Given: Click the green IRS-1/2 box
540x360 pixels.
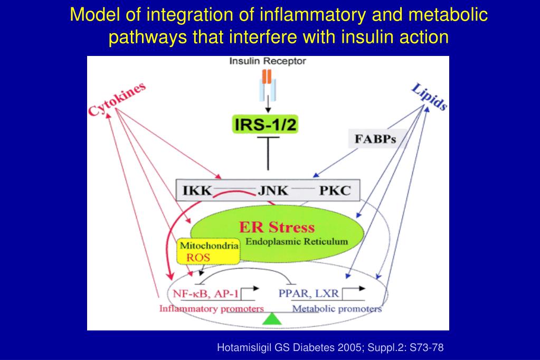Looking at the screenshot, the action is [265, 124].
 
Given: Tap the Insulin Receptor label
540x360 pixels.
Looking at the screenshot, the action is [268, 61].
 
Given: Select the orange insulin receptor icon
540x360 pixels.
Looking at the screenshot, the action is [267, 77].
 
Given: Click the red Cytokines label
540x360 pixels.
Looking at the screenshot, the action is [117, 99].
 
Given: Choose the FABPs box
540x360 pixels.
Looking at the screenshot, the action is [375, 139].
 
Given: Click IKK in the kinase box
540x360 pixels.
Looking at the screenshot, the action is [197, 191].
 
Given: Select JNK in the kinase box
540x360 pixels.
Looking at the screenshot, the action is [273, 191].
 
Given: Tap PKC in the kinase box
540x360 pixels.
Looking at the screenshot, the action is [335, 191].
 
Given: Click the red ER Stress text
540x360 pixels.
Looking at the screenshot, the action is [277, 228].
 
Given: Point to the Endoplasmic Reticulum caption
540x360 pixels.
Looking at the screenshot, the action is [297, 241].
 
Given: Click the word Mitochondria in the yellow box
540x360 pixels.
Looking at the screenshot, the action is [209, 245].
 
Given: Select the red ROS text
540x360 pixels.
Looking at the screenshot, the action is [198, 258].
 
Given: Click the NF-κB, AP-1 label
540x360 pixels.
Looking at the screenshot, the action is [205, 294].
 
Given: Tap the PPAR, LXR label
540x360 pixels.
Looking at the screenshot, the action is [309, 293].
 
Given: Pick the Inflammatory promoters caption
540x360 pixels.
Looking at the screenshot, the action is [212, 309].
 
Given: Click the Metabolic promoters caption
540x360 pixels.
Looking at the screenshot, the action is [337, 309].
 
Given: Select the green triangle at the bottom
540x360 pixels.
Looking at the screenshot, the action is [272, 319].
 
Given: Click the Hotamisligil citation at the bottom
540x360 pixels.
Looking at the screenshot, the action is [330, 347].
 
